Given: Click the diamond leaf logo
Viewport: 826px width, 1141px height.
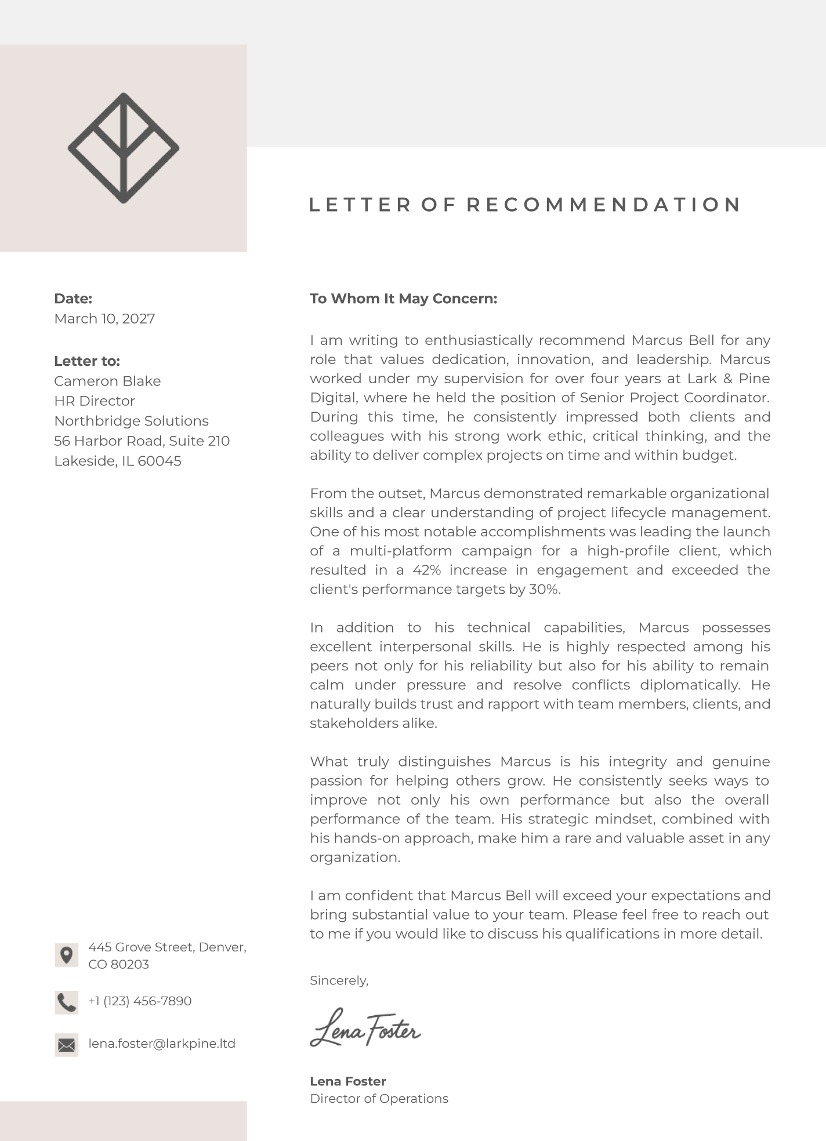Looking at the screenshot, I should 124,148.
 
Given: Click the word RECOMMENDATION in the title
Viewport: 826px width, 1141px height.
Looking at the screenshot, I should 604,205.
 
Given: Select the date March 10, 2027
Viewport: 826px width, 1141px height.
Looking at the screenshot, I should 104,319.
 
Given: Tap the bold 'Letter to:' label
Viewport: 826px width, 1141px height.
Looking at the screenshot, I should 87,361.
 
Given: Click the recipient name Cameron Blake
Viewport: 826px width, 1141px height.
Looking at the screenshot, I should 107,381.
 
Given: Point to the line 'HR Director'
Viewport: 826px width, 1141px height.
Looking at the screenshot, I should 95,401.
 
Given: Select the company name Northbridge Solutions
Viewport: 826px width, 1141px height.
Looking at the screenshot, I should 131,421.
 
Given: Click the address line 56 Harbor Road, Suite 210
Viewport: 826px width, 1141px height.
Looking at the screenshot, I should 142,441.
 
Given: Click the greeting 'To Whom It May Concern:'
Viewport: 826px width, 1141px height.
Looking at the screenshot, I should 403,299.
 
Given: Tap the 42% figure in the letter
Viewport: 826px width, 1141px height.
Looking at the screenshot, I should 427,570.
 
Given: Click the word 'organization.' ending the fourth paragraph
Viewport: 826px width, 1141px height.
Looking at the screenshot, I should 355,857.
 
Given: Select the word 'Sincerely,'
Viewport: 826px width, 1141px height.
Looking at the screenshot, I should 339,980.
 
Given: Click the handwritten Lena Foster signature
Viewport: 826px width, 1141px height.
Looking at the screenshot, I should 365,1029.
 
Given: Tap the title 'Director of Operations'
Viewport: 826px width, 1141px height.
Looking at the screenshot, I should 379,1099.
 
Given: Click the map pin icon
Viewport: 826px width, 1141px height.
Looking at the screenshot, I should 67,955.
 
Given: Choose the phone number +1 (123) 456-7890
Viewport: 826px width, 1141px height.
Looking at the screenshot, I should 140,1001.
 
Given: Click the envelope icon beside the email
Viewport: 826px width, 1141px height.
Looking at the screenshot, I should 67,1045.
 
